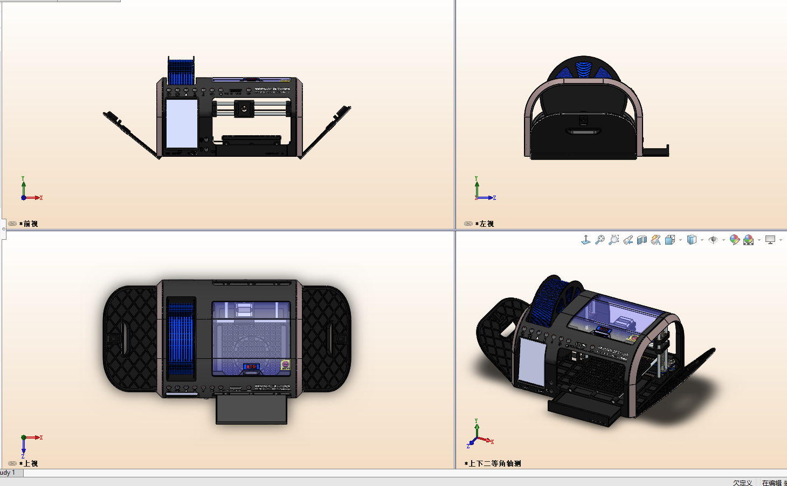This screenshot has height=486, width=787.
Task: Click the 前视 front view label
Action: coord(30,224)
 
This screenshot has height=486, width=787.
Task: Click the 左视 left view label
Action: coord(486,224)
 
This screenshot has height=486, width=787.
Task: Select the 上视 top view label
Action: coord(30,463)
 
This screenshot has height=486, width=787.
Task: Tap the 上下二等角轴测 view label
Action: coord(494,463)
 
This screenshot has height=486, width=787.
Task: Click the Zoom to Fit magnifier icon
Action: coord(600,240)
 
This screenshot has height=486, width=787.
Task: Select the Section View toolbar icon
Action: coord(641,240)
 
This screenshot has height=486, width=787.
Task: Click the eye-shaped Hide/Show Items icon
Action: coord(713,240)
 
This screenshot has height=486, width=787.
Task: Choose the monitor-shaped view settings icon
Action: coord(770,240)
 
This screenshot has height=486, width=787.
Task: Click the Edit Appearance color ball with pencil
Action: coord(734,240)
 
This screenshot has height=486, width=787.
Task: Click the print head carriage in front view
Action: coord(244,109)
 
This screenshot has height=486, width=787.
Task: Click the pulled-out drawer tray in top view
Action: coord(251,410)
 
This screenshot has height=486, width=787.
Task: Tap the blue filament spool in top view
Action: coord(181,339)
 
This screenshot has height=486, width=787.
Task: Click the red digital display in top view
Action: coord(251,367)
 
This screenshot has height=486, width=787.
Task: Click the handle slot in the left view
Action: coord(582,131)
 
